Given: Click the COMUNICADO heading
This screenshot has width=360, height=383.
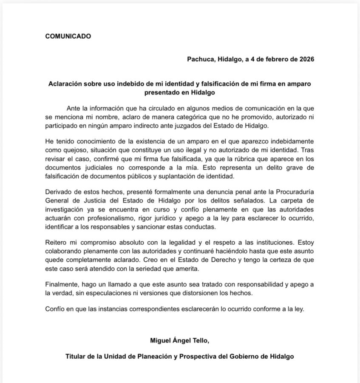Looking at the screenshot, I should pos(68,36).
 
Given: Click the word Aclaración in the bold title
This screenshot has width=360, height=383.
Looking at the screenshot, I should pos(67,84).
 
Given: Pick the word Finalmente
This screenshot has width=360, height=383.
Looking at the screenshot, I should pos(63,285).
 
